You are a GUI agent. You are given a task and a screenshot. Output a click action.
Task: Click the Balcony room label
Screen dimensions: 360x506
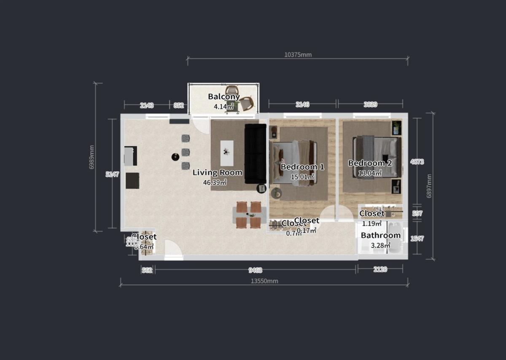pos(224,97)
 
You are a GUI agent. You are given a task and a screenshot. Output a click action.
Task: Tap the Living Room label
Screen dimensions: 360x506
pos(218,172)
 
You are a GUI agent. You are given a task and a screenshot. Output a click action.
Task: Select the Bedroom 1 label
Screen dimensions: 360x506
pos(302,167)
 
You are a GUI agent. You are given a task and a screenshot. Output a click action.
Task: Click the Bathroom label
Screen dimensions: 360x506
pos(381,236)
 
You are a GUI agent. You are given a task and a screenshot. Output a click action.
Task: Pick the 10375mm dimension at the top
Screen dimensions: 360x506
pos(298,54)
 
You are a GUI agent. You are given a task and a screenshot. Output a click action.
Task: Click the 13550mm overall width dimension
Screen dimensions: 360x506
pos(264,281)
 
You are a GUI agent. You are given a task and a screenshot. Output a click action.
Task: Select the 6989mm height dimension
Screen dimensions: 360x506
pos(92,158)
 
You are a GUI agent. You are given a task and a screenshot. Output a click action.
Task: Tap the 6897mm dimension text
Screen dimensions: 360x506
pos(429,186)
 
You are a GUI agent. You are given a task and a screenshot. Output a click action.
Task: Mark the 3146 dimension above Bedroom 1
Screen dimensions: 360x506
pos(302,104)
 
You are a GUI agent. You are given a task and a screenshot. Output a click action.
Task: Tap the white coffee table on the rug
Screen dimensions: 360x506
pos(227,152)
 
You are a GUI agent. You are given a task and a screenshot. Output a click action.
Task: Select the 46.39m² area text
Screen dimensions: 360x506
pos(215,183)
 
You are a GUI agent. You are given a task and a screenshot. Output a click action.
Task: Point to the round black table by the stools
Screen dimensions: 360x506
pos(175,157)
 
